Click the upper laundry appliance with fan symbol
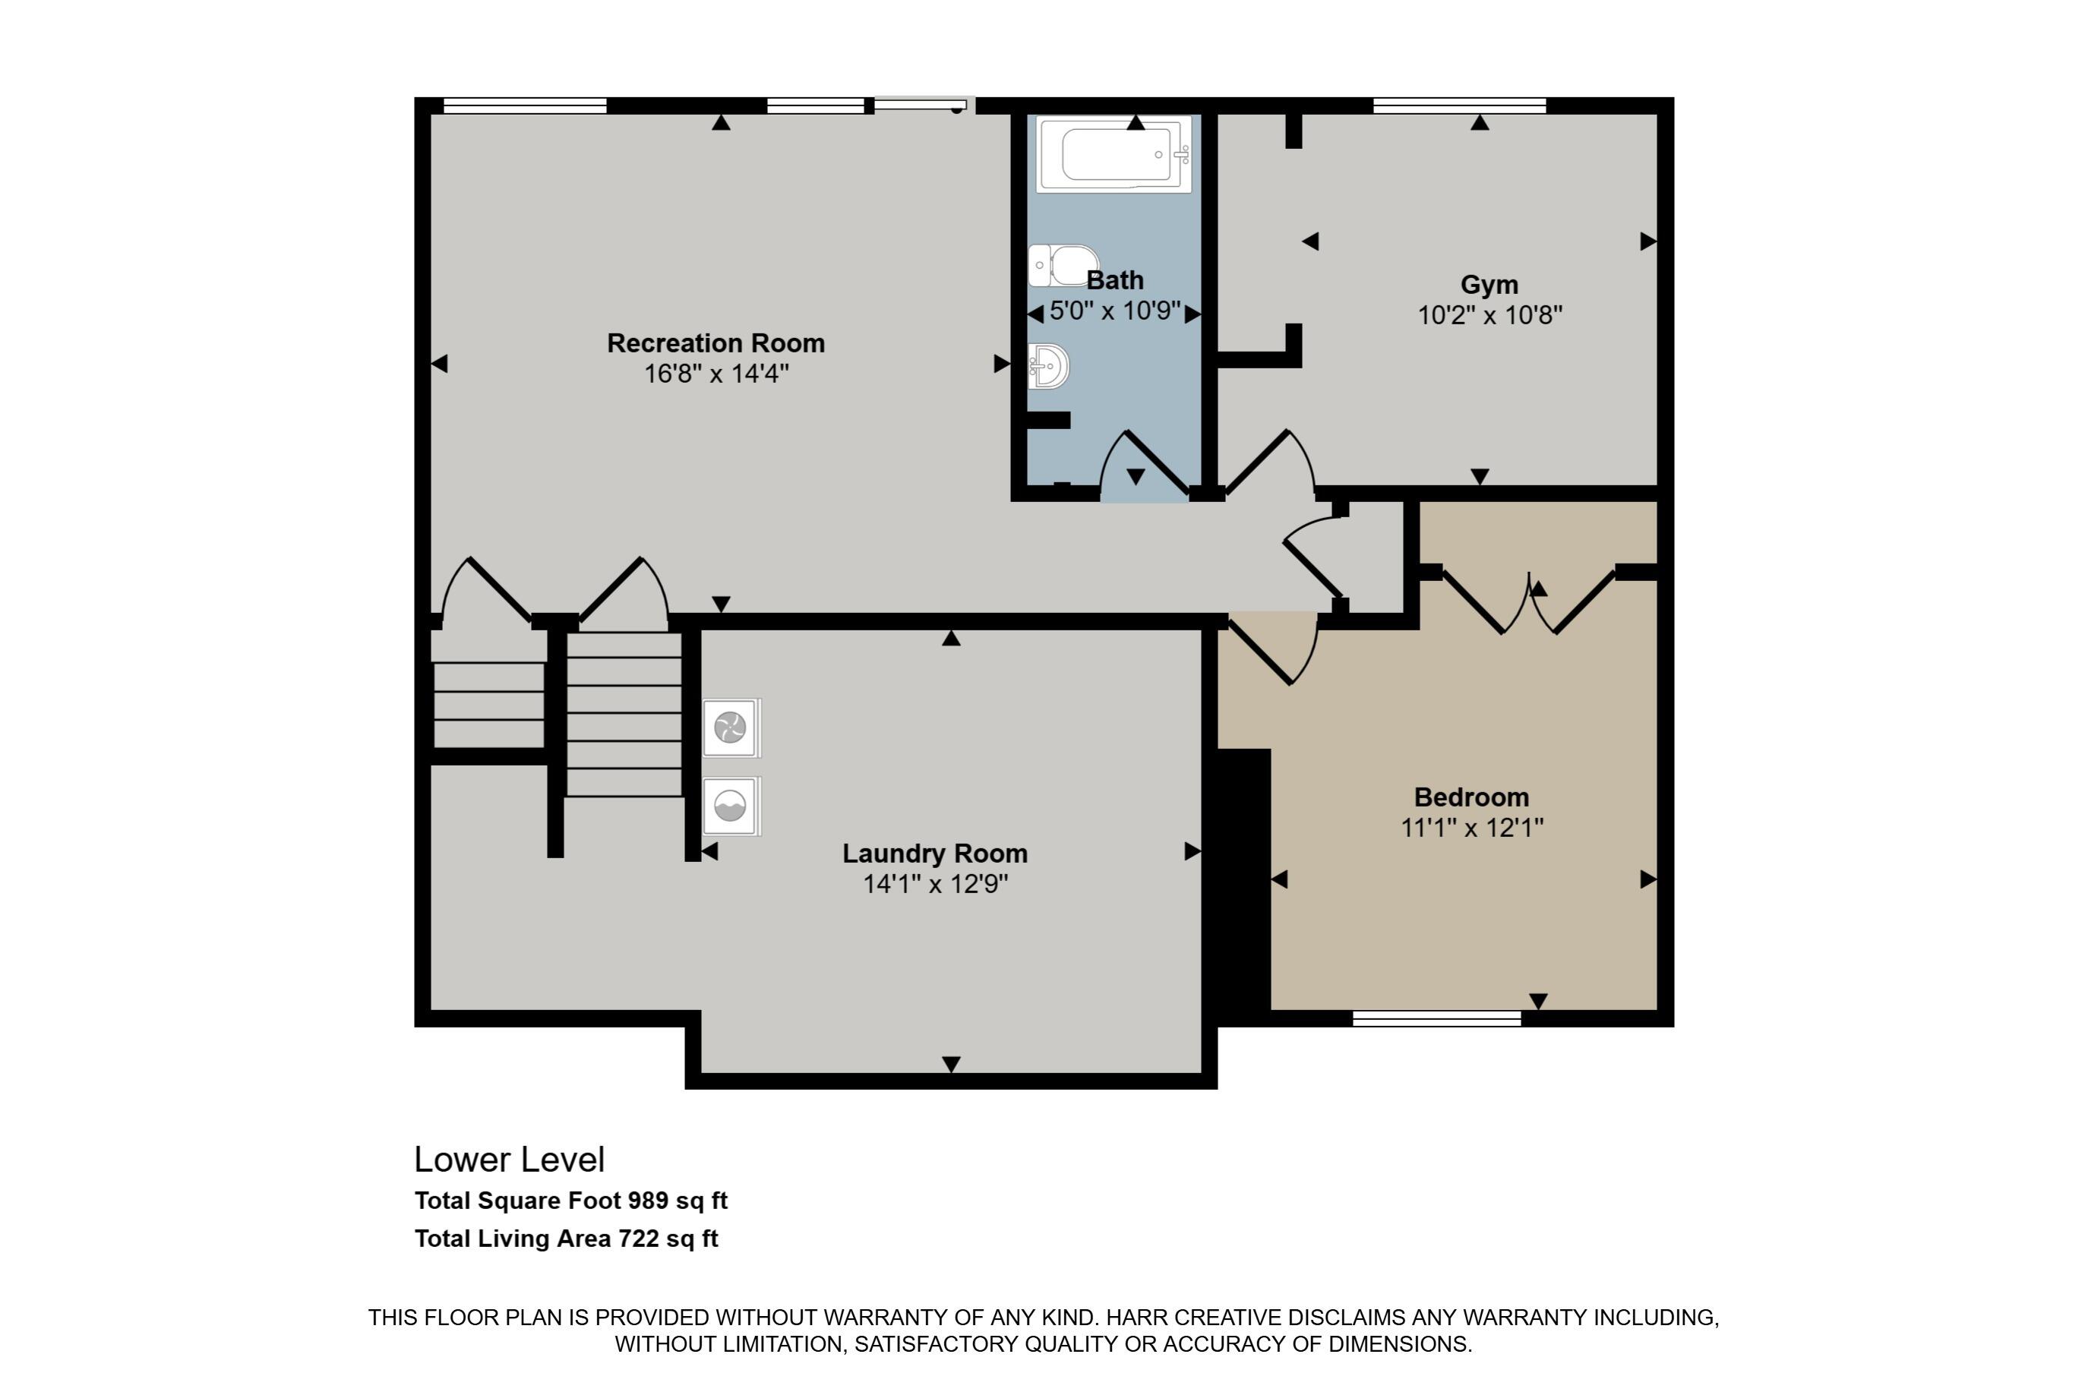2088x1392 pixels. [731, 728]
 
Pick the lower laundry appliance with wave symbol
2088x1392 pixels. [731, 806]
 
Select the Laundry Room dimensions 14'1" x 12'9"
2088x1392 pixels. [936, 884]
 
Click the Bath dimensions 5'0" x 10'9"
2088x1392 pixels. [1115, 311]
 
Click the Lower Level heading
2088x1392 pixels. [510, 1160]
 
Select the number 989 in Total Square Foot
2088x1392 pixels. [648, 1201]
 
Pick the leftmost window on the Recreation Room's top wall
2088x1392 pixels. [525, 106]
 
